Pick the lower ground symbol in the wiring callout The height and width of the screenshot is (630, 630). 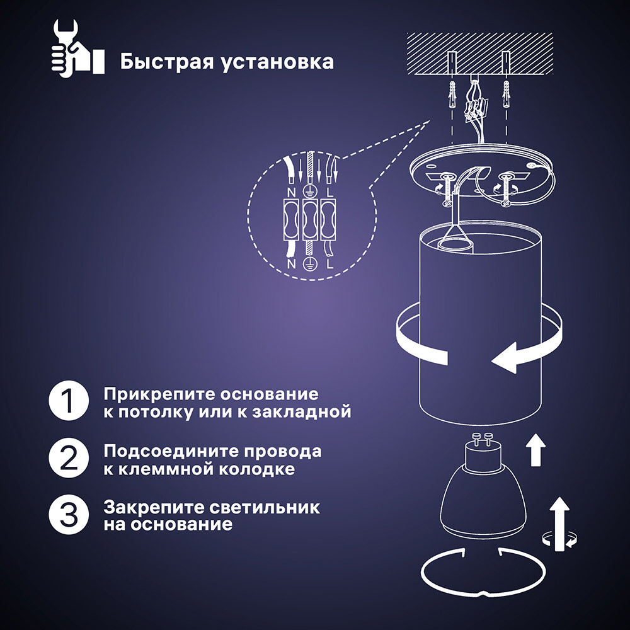[310, 265]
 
